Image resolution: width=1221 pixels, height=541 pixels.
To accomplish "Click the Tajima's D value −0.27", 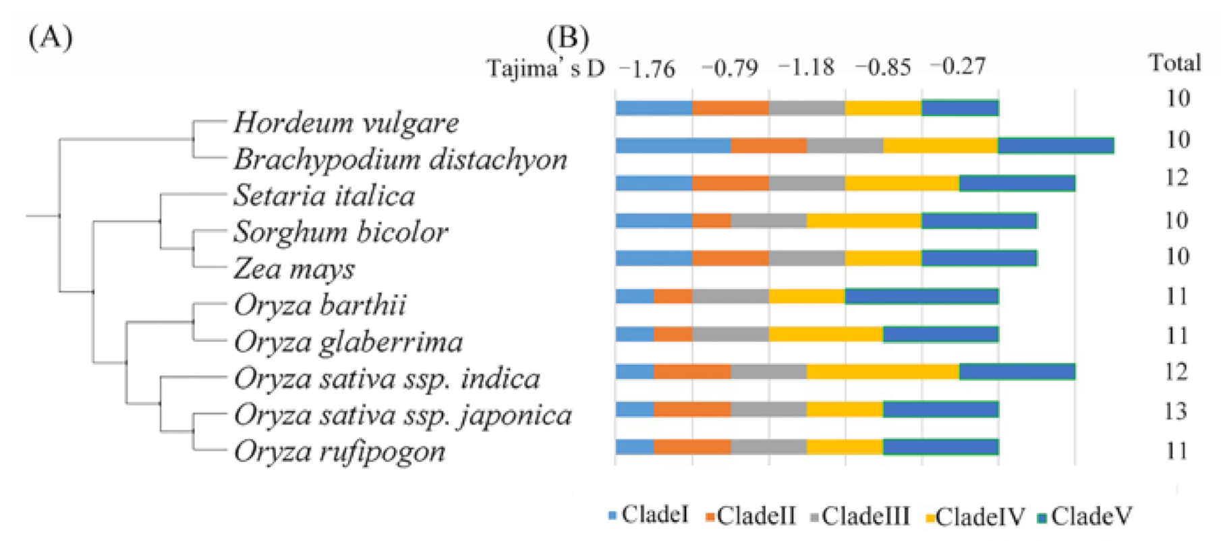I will click(x=958, y=66).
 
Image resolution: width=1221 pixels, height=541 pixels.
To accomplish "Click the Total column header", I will click(x=1174, y=63).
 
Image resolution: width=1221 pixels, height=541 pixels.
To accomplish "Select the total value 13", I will click(x=1176, y=411).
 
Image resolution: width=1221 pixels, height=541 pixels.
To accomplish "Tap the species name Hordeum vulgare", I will click(x=346, y=123).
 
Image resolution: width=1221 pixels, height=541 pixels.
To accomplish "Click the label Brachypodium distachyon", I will click(x=401, y=159).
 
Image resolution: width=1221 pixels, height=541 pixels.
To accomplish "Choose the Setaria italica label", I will click(x=324, y=196).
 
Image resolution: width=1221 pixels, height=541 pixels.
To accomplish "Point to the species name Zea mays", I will click(x=294, y=269).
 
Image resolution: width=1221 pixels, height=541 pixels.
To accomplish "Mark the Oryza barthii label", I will click(x=320, y=306).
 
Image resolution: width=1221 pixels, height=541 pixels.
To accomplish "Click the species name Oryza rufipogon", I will click(x=339, y=451).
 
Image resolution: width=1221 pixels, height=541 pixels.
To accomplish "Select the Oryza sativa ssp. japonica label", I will click(x=403, y=415).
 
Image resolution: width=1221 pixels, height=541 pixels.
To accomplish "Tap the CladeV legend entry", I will click(x=1085, y=516).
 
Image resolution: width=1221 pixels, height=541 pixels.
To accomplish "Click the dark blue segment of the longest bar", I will click(x=1056, y=146).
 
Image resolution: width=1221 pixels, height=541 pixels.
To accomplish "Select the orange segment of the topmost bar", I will click(x=731, y=108).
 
